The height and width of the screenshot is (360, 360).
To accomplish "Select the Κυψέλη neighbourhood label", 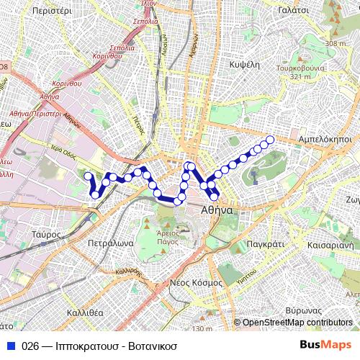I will pos(244,63).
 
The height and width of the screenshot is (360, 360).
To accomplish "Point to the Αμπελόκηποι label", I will pos(324,137).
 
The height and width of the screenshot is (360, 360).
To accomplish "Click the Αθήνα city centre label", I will pos(217,212).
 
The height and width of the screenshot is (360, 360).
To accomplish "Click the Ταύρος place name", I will pos(45,234).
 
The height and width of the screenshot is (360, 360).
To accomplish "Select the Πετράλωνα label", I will pos(109,243).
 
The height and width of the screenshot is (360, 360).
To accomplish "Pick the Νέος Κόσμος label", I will pos(195,282).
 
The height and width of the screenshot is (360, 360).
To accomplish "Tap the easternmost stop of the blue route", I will pos(271,140).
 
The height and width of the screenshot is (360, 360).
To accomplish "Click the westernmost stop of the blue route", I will pos(88,176).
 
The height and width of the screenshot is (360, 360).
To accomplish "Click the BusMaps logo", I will pos(327,346).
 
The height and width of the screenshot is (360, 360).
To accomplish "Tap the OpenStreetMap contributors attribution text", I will pos(297,323).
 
